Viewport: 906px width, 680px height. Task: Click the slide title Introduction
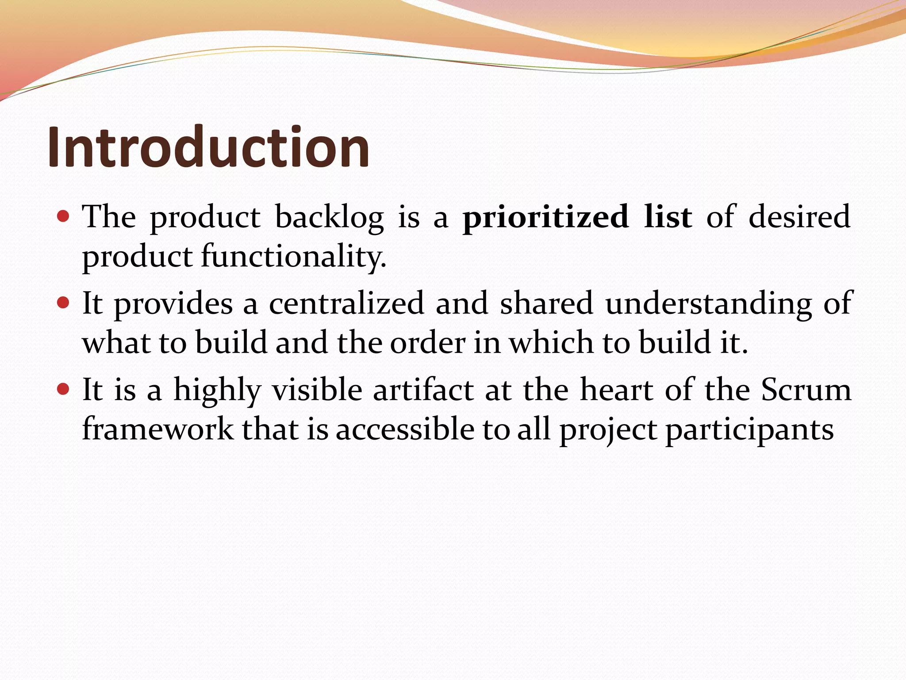[x=208, y=147]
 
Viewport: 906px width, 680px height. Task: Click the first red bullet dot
[x=64, y=216]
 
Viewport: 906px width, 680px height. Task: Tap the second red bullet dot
[x=64, y=303]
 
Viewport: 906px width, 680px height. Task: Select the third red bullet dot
[x=64, y=389]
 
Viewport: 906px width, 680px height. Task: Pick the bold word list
[x=668, y=217]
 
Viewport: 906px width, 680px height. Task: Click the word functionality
[x=294, y=257]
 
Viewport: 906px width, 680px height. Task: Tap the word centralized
[x=346, y=303]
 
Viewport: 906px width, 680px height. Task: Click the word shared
[x=546, y=303]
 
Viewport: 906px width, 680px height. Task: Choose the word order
[x=427, y=343]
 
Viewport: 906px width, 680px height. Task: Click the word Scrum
[x=806, y=390]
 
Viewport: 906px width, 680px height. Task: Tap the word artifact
[x=423, y=390]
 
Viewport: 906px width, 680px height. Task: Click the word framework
[x=158, y=429]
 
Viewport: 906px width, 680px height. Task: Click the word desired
[x=799, y=217]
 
